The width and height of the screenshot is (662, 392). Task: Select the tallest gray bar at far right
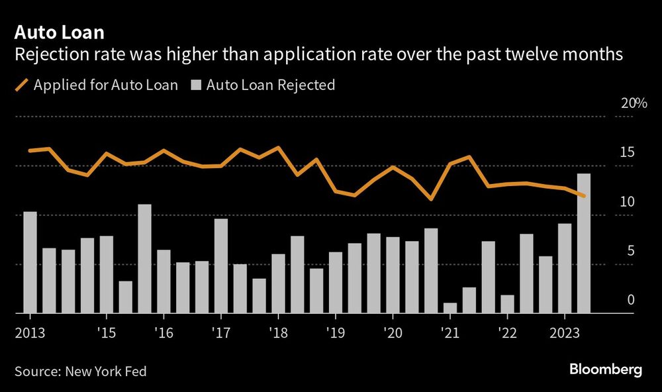point(584,243)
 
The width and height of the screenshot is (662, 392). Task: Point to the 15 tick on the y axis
point(627,152)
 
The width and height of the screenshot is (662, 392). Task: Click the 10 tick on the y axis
point(627,201)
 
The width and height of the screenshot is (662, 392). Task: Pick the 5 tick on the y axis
point(630,250)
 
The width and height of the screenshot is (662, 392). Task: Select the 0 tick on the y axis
point(630,299)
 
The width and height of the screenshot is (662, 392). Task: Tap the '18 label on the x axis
point(279,332)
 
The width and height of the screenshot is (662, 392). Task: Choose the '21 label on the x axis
point(450,332)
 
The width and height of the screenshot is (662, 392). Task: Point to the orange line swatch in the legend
point(21,85)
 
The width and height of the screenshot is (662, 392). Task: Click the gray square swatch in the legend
point(197,85)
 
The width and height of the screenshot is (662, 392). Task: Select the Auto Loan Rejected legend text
point(271,85)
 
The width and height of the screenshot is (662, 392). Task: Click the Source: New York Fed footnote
point(80,371)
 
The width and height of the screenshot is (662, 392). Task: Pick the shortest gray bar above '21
point(450,308)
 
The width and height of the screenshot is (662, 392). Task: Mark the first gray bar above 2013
point(30,262)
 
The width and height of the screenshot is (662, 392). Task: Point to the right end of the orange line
point(584,196)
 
